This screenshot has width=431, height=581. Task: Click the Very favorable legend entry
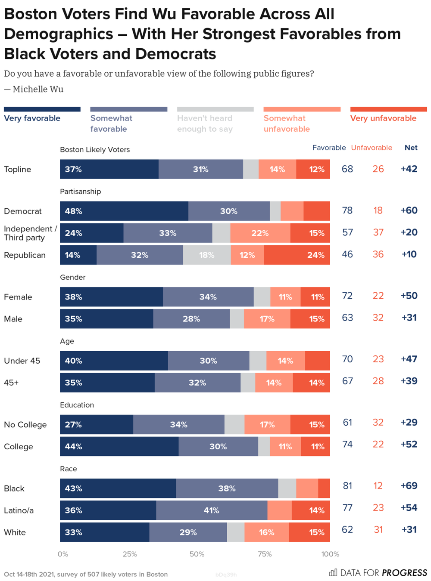click(x=32, y=118)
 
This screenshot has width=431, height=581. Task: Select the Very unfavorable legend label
click(x=383, y=118)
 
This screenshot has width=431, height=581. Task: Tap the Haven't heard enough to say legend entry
click(x=205, y=124)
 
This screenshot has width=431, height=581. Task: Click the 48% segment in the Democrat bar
click(x=124, y=211)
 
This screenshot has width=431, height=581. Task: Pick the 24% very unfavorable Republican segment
click(x=297, y=255)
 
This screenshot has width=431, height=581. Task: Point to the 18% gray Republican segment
click(x=206, y=255)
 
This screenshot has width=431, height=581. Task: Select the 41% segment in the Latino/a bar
click(x=211, y=510)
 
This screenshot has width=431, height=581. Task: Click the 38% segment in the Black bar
click(x=227, y=488)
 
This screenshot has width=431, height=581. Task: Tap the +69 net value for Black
click(x=409, y=486)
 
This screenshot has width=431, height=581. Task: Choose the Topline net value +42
click(x=409, y=169)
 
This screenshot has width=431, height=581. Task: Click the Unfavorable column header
click(x=372, y=148)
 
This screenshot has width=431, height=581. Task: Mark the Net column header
click(x=411, y=148)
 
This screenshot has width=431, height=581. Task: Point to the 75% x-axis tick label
click(x=264, y=554)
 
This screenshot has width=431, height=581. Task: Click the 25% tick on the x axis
click(x=130, y=554)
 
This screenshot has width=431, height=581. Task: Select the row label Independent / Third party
click(x=30, y=233)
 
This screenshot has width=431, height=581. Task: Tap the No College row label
click(x=25, y=425)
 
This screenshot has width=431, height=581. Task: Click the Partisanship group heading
click(x=80, y=192)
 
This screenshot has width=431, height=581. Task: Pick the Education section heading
click(x=77, y=405)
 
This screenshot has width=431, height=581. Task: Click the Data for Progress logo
click(x=378, y=573)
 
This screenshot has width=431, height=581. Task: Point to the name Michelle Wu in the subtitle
click(x=38, y=89)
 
